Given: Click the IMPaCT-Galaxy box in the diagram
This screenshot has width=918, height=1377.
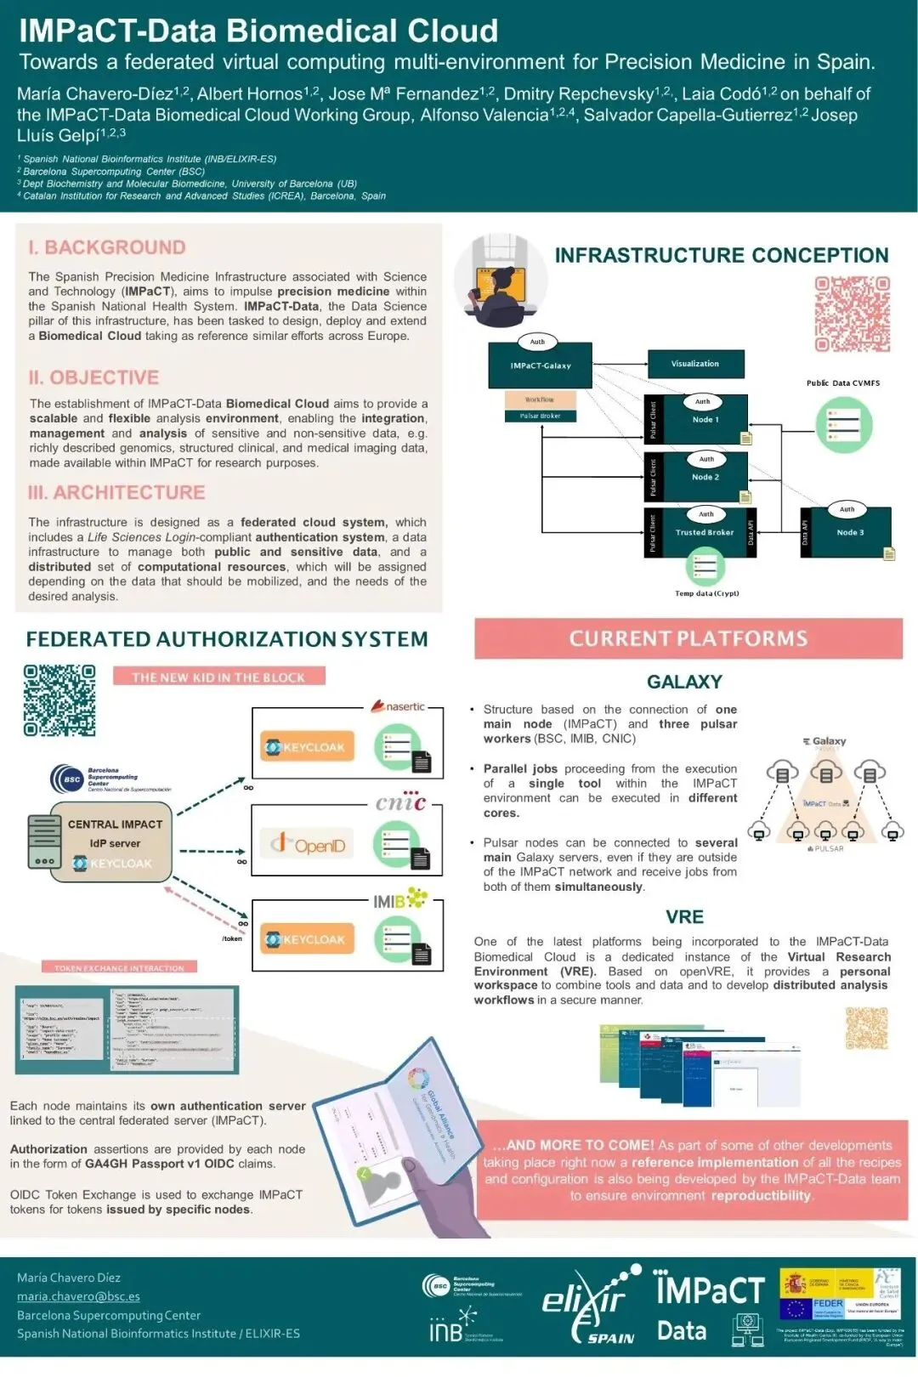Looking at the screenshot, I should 540,366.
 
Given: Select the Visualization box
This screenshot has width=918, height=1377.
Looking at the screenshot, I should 695,364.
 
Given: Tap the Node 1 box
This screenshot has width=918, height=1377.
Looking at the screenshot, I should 705,420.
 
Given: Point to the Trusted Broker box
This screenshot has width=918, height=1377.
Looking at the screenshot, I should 705,533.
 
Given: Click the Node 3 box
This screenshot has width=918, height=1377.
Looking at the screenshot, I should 850,533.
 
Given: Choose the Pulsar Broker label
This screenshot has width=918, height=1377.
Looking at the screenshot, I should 540,416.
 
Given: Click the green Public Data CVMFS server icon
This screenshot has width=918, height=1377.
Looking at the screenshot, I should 843,424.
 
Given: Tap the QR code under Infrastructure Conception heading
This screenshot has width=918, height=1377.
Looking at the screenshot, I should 853,314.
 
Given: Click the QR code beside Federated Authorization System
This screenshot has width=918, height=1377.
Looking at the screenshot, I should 59,700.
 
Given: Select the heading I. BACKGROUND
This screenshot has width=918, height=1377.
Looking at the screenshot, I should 106,247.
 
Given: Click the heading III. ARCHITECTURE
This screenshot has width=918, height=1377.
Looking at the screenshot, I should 116,493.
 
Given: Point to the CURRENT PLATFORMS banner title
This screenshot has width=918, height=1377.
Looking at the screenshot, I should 688,639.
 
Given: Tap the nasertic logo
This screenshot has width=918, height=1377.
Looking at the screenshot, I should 399,706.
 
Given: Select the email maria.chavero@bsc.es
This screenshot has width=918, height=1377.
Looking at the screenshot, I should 78,1296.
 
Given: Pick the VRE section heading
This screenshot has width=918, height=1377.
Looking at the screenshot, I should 685,917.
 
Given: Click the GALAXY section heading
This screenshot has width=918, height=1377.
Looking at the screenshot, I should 684,682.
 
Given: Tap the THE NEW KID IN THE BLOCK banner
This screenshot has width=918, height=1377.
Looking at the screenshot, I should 218,677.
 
